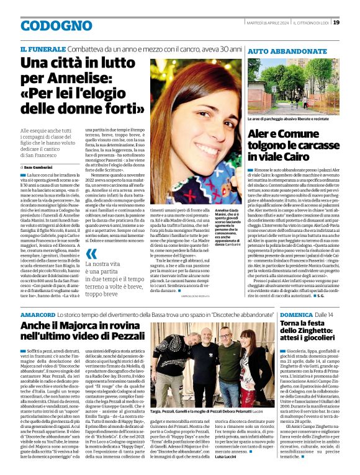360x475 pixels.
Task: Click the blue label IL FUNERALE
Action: click(x=40, y=49)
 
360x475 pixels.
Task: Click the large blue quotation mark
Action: click(x=91, y=254)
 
